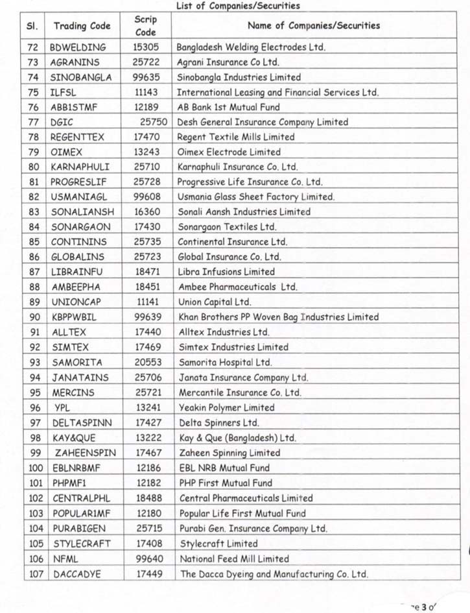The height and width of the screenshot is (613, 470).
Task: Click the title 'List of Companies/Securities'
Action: (238, 6)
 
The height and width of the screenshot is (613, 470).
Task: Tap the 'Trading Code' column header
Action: (82, 26)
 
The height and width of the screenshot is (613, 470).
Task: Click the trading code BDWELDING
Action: (78, 47)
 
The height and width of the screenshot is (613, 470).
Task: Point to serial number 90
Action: (35, 317)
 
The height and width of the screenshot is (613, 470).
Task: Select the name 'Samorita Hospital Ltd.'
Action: (225, 363)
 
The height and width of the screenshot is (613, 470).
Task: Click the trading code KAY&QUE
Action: (74, 438)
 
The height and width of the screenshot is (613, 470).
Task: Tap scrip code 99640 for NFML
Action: (148, 559)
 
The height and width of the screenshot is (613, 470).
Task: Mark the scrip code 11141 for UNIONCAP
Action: (148, 302)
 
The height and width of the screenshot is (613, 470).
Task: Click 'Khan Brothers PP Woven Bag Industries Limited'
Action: (278, 317)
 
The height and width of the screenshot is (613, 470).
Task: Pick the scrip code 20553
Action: (148, 363)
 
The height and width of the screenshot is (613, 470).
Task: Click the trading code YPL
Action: (62, 408)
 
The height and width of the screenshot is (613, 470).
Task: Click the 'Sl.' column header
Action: (33, 26)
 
